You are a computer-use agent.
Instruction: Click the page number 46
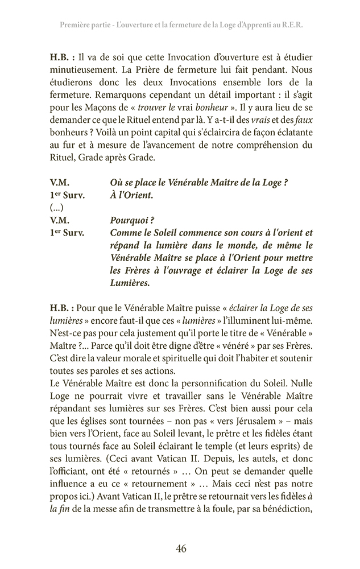181,549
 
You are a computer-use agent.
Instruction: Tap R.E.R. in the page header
290,26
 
